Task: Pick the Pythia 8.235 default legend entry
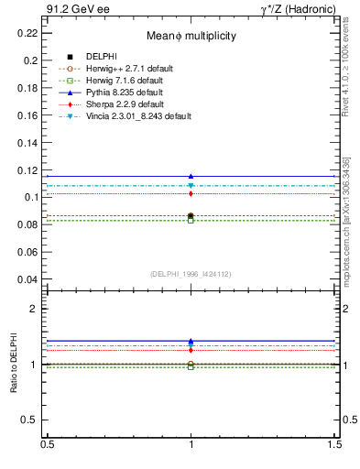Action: tap(125, 93)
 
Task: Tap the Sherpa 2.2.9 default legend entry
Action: tap(125, 104)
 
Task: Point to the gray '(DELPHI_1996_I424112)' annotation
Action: tap(191, 273)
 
